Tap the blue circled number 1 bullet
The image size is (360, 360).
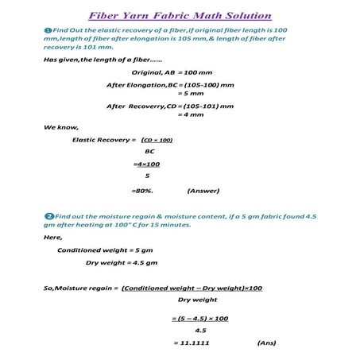click(x=48, y=29)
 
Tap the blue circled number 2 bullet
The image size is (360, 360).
click(x=50, y=215)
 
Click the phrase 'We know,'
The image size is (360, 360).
click(x=60, y=127)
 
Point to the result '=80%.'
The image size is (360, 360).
click(x=142, y=191)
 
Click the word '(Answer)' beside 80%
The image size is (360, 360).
click(x=203, y=191)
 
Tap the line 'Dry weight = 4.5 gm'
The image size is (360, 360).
click(x=122, y=261)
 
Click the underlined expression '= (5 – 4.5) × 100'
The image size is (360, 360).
click(x=200, y=318)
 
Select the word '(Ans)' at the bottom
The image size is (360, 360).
click(x=267, y=343)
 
